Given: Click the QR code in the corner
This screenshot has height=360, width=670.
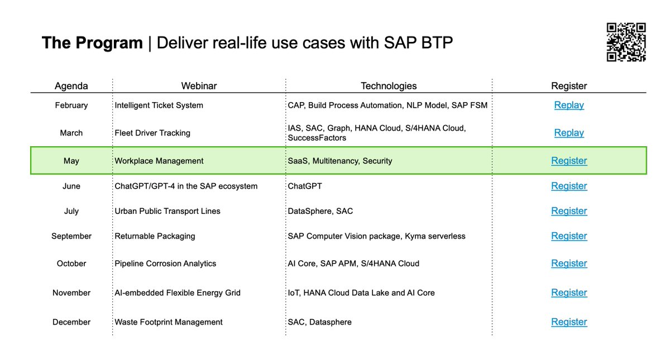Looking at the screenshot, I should (626, 42).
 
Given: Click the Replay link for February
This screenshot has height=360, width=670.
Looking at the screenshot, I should (569, 105).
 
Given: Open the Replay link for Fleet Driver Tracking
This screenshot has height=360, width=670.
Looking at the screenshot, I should (569, 133).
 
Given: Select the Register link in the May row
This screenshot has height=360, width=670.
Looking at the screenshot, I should (569, 161).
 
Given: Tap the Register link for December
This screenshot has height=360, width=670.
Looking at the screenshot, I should (569, 322).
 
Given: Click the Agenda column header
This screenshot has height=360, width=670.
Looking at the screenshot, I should (71, 86).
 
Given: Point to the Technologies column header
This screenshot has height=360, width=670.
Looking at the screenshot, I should (389, 86).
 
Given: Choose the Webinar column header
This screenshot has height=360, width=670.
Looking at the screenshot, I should (199, 86).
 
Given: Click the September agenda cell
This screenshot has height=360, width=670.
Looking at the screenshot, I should (71, 236).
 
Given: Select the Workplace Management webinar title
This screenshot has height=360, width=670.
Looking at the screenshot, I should (159, 161).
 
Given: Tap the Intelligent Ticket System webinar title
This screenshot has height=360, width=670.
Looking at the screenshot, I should (159, 105).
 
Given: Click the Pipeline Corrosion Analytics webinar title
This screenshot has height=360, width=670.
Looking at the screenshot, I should (165, 263).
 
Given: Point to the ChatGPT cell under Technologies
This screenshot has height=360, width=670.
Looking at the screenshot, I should (305, 186).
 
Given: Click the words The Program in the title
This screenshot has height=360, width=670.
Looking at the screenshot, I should (92, 43).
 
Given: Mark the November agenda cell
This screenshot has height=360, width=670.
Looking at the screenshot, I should (71, 292).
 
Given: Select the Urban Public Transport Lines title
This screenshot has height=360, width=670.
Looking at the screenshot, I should (167, 211).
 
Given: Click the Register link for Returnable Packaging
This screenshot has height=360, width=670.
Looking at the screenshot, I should (569, 236).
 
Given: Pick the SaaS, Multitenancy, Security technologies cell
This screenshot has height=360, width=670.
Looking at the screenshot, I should (340, 161).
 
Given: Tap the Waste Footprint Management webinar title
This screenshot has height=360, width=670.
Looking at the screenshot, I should (169, 322).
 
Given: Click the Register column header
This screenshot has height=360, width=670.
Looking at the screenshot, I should (569, 86).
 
